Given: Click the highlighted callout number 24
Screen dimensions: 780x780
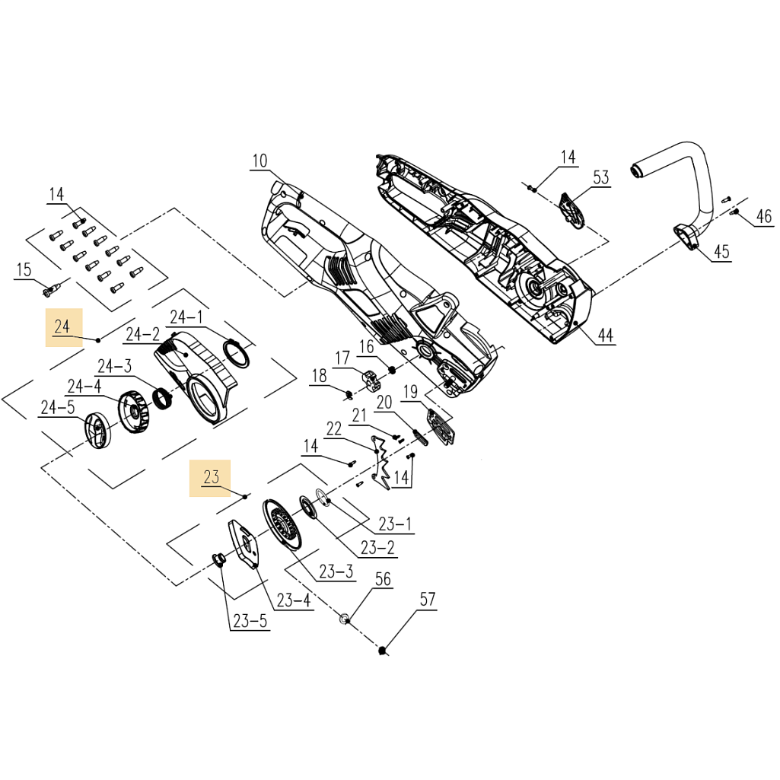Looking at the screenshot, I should [62, 326].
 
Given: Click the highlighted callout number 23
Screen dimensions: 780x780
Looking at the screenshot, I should [211, 478].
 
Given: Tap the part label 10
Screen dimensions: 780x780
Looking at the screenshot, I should [260, 161].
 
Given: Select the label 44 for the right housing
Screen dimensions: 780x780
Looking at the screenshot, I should [605, 335].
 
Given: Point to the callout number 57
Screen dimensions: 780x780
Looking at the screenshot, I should [428, 600].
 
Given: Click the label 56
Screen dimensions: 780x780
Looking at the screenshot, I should [382, 580].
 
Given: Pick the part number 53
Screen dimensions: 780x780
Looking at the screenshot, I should [601, 178].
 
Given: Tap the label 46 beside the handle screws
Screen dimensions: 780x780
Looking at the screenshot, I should [763, 217].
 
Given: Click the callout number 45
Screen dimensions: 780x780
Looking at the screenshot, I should [721, 251].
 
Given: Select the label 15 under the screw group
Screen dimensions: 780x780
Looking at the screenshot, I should [24, 269].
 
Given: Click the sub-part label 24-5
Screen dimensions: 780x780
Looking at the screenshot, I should [58, 409].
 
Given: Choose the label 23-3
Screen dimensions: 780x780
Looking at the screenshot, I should [336, 571].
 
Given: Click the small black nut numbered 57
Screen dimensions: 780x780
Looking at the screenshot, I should [384, 650].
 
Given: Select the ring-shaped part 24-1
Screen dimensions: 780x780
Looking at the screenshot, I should [237, 352].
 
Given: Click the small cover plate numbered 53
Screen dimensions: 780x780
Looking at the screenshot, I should [571, 210].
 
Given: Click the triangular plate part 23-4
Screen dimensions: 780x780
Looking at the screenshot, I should [244, 543].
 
